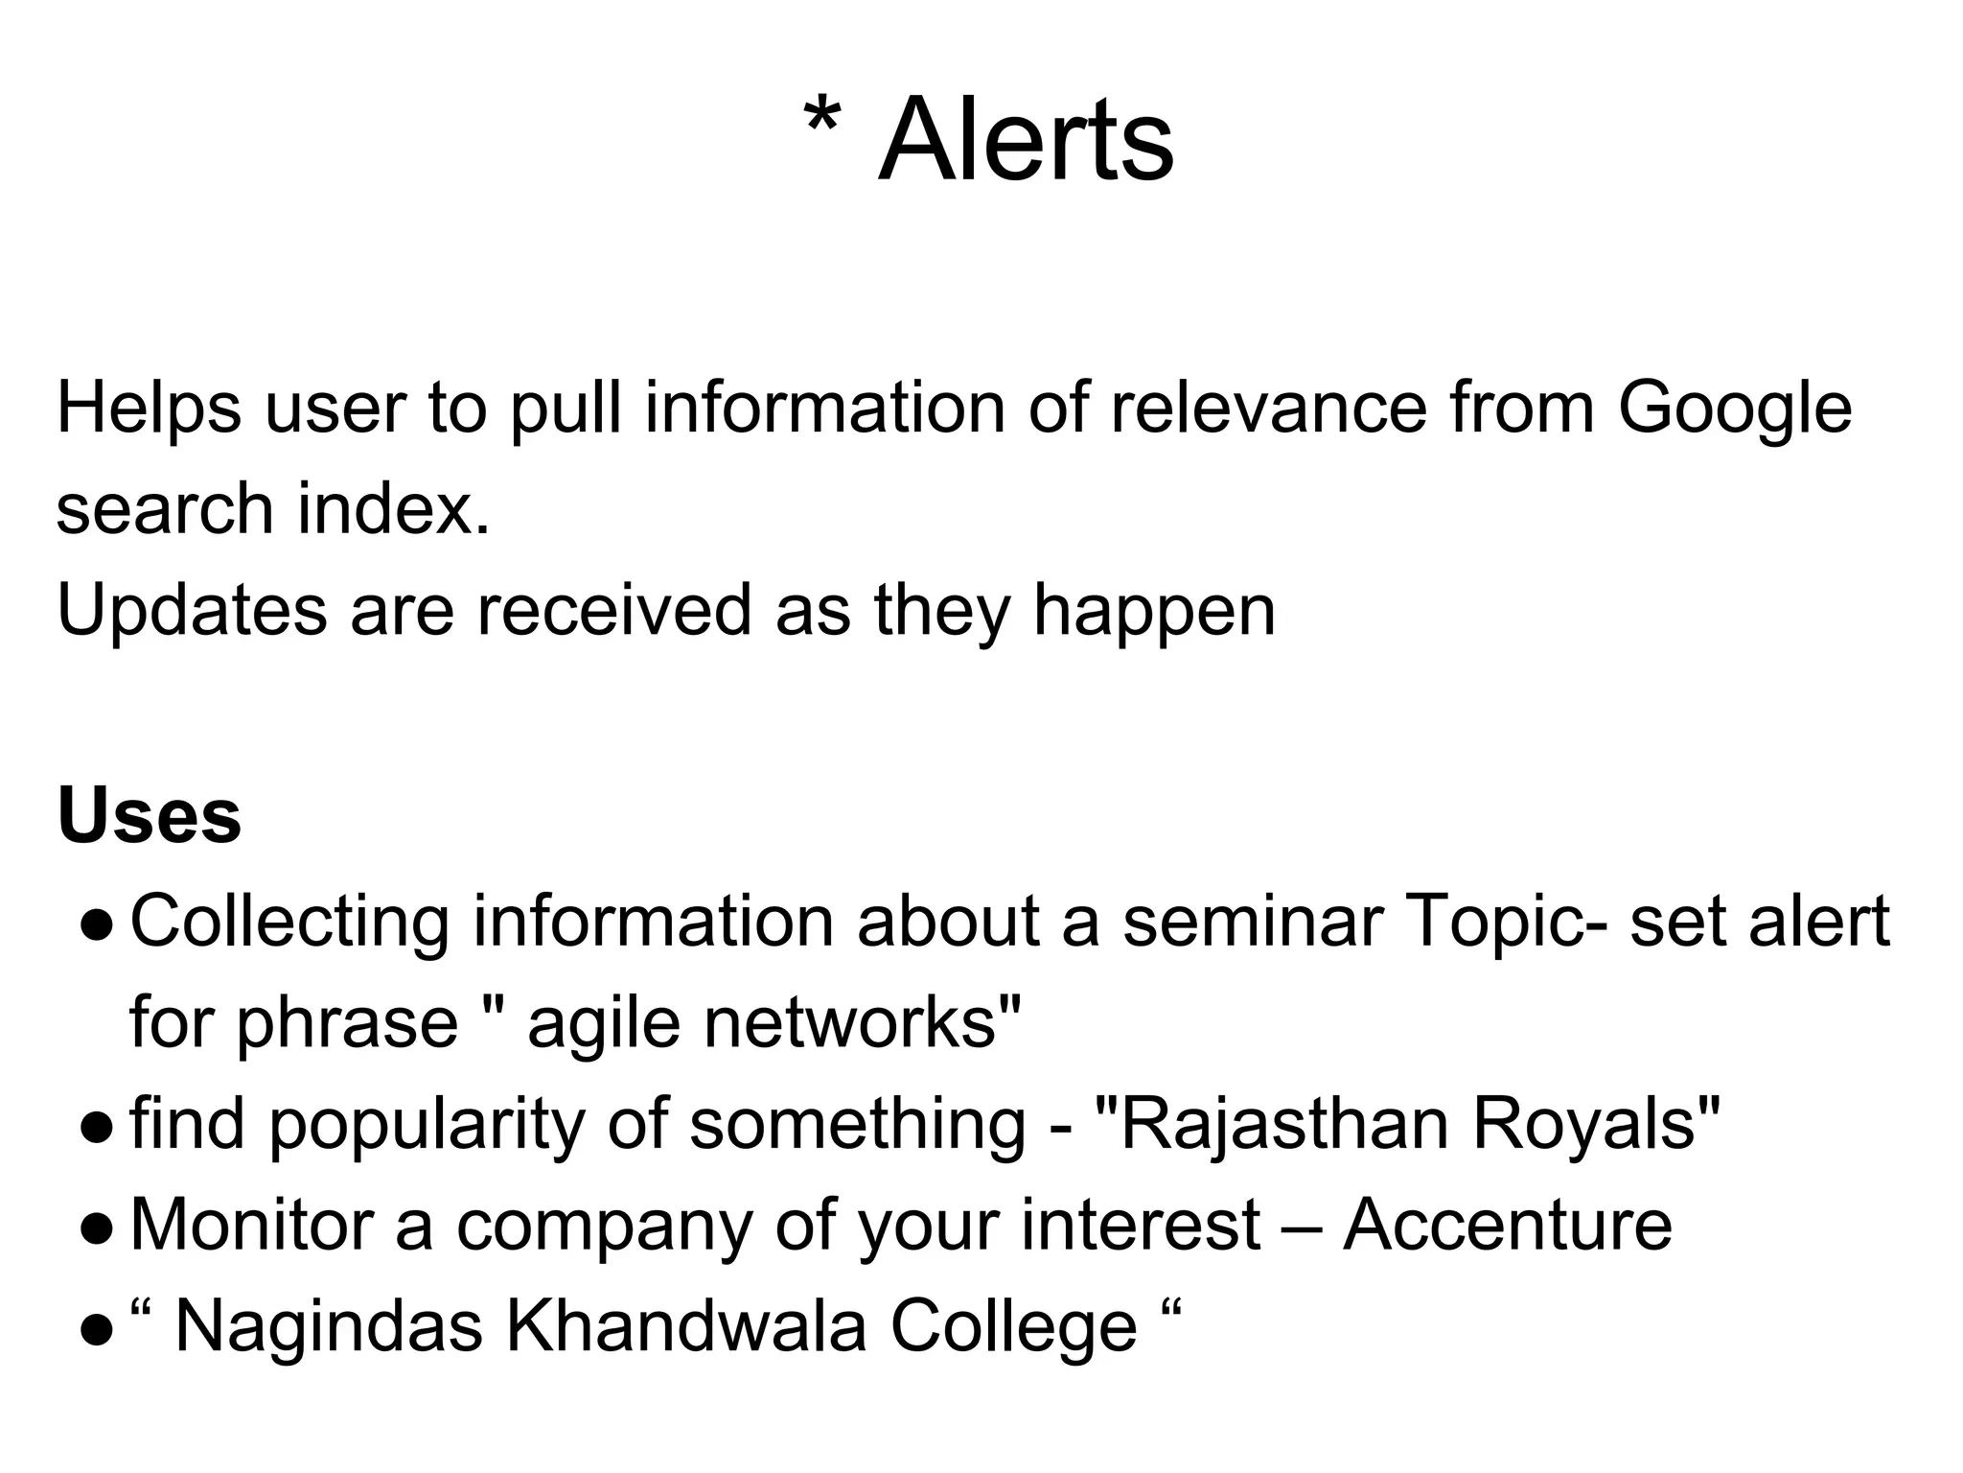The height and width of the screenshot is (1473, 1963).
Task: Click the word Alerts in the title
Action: click(x=1025, y=142)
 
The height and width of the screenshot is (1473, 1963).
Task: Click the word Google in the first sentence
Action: click(x=1735, y=407)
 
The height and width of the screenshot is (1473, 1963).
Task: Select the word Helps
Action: click(x=149, y=407)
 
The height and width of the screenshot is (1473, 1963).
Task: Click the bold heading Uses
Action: click(x=149, y=816)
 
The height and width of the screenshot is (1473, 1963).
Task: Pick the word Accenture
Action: click(x=1508, y=1226)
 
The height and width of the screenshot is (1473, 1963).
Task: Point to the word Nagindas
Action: click(x=328, y=1328)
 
